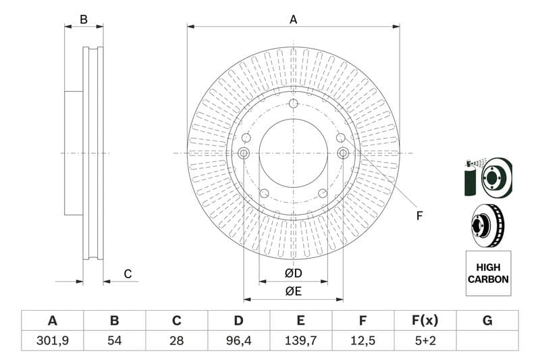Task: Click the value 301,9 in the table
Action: click(52, 340)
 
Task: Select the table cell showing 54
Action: click(115, 340)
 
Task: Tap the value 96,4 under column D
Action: click(238, 340)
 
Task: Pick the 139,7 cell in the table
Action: click(300, 340)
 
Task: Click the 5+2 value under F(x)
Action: click(425, 340)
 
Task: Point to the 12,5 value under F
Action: click(363, 340)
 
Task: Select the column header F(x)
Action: click(425, 321)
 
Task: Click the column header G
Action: click(487, 321)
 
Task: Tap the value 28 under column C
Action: click(177, 340)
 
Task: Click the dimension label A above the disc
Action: click(293, 20)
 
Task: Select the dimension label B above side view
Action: click(84, 20)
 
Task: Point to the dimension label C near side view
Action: click(128, 274)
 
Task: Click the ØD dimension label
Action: click(293, 274)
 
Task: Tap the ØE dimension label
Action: click(293, 291)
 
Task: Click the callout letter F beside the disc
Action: click(419, 216)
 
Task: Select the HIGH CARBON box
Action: click(488, 274)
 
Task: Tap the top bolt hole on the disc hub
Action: click(293, 103)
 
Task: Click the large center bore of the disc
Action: click(293, 153)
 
